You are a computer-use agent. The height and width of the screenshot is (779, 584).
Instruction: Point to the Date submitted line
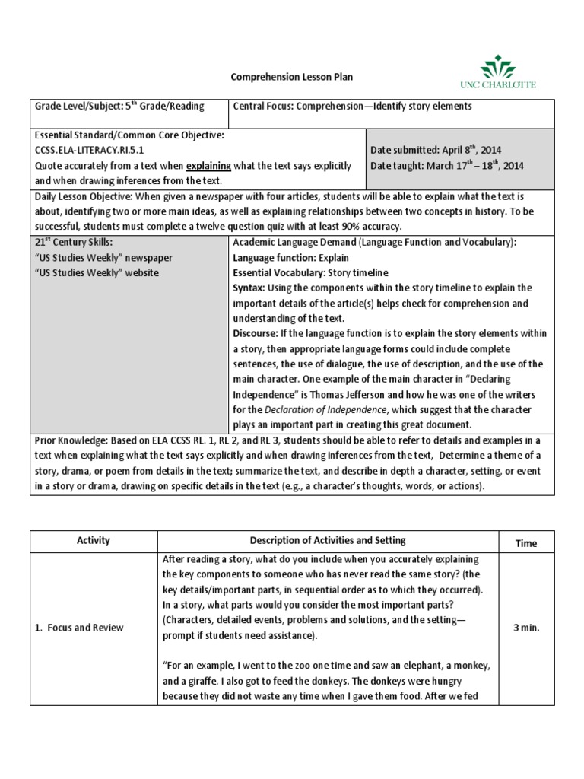(x=435, y=150)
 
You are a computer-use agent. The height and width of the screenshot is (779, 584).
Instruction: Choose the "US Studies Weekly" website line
(x=97, y=272)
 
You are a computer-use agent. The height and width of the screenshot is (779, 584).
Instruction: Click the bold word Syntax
(x=249, y=288)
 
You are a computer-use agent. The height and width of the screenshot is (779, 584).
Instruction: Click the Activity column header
(x=94, y=540)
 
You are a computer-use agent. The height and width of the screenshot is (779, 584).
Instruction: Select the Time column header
(x=526, y=543)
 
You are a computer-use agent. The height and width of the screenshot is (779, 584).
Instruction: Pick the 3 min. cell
(x=526, y=628)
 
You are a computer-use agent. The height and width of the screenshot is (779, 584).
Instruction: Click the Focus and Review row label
(x=80, y=628)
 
